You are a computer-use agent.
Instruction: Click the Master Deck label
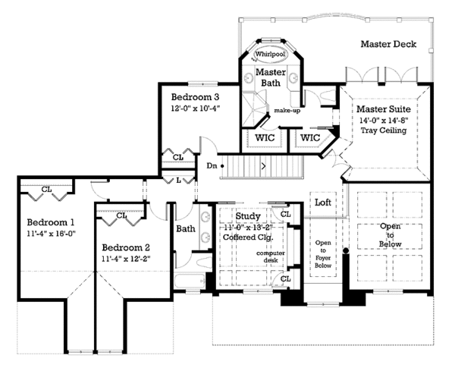point(388,44)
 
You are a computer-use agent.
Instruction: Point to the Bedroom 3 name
point(195,97)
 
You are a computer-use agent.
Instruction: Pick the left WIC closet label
point(264,138)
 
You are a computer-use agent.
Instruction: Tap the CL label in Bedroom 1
point(46,189)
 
